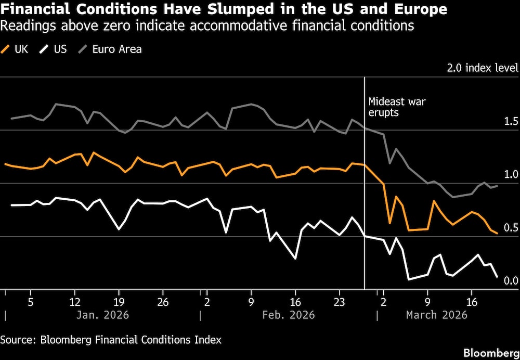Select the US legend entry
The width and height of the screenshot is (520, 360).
coord(55,49)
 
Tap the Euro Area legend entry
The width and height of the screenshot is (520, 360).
coord(110,49)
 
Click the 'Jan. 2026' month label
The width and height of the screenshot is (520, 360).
coord(103,315)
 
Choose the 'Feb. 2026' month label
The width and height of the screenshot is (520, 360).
coord(289,315)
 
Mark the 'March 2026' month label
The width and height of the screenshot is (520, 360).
coord(436,315)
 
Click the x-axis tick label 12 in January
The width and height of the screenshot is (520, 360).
coord(75,301)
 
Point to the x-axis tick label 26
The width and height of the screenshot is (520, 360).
coord(163,301)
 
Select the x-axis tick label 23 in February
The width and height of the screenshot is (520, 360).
coord(339,301)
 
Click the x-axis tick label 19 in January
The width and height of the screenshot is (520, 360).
coord(119,301)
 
